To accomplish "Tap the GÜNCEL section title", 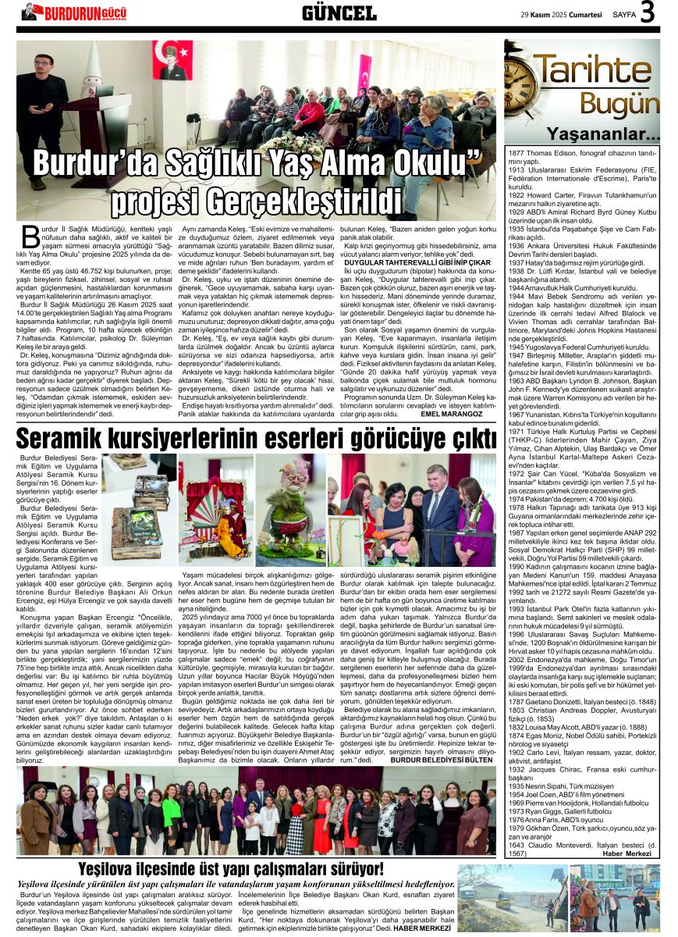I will coord(339,12).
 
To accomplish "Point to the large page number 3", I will coord(647,12).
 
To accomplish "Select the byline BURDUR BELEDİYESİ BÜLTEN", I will coord(441,759).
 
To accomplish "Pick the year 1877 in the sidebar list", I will coord(518,153).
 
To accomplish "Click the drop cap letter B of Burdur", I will coord(29,235).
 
